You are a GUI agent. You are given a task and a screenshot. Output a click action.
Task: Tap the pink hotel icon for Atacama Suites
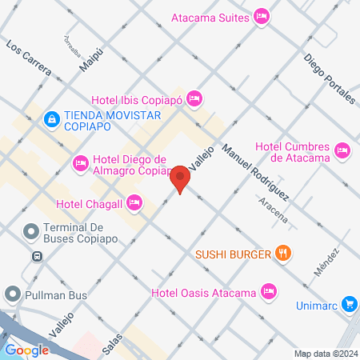(x=261, y=16)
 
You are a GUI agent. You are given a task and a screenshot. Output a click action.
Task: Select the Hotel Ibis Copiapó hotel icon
(x=194, y=99)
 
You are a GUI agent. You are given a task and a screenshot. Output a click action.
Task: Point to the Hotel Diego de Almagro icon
(x=80, y=163)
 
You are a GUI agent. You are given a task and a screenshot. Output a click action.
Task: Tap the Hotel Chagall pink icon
(x=134, y=202)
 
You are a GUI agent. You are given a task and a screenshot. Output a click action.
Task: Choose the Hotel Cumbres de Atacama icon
(x=342, y=150)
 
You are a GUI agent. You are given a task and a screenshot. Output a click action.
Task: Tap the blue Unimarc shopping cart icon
(x=349, y=304)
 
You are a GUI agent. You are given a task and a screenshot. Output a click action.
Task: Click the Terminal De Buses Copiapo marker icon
(x=30, y=232)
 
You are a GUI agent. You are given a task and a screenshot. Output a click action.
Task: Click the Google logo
(x=26, y=350)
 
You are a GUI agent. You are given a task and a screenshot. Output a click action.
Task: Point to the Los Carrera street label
(x=29, y=58)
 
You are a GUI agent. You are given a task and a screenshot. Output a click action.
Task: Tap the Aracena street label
(x=275, y=211)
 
